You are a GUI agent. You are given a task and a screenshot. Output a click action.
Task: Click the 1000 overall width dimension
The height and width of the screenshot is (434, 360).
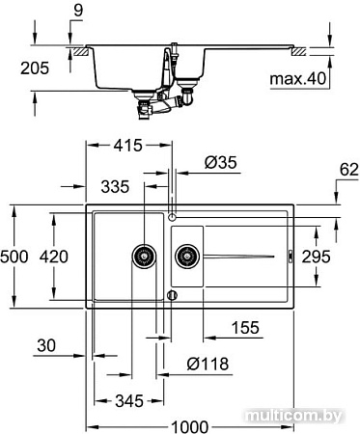tap(189, 427)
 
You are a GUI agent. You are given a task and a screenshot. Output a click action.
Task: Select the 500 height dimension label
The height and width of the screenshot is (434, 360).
tap(14, 257)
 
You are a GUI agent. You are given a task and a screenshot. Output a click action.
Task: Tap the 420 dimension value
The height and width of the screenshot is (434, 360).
tap(54, 257)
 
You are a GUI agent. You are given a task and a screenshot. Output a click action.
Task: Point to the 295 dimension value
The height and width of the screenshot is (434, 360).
tap(316, 257)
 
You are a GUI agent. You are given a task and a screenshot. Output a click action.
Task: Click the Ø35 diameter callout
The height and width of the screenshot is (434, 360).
tap(221, 163)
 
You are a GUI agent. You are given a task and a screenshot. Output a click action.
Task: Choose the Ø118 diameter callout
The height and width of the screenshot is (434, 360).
tap(208, 364)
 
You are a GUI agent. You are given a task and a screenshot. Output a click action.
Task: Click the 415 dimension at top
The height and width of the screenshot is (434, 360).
tap(127, 146)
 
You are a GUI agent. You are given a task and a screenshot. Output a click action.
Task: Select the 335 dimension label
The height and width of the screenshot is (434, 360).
tap(115, 187)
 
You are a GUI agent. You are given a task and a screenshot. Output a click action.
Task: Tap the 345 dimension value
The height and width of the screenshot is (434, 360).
tap(129, 401)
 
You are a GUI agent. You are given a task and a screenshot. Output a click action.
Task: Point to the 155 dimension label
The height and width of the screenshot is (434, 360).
tap(245, 328)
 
